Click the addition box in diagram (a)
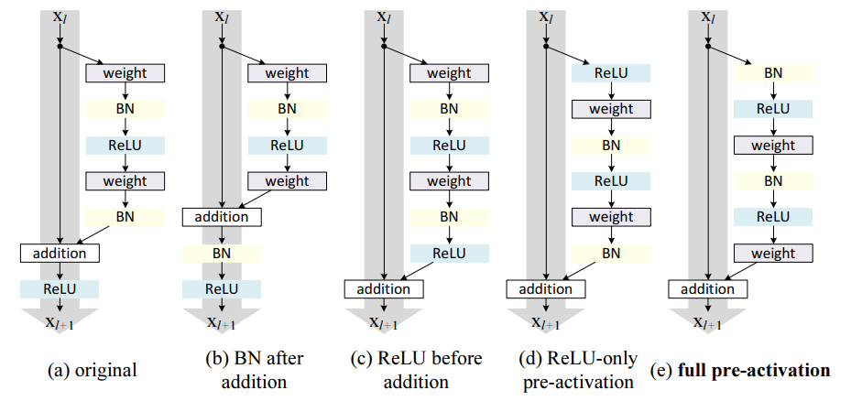tap(60, 253)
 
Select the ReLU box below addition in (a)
tap(60, 289)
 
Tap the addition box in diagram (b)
tap(222, 217)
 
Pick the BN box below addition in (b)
tap(222, 253)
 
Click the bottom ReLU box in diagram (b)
tap(222, 289)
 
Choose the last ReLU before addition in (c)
tap(450, 253)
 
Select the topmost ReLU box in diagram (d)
tap(611, 73)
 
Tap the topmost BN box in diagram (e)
tap(773, 73)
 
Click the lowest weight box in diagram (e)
tap(773, 253)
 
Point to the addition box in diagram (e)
tap(708, 289)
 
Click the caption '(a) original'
tap(93, 371)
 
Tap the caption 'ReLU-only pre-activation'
tap(579, 370)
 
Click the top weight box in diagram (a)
tap(125, 73)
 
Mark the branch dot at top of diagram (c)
tap(384, 47)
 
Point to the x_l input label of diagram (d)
tap(547, 16)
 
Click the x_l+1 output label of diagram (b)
tap(222, 322)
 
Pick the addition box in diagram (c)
tap(384, 289)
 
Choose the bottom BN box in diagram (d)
tap(611, 253)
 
